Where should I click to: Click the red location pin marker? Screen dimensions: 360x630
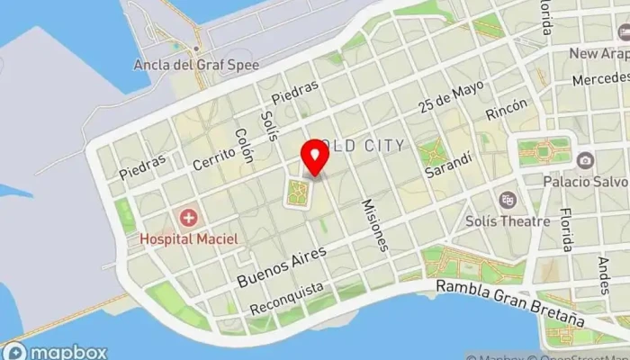coord(314,157)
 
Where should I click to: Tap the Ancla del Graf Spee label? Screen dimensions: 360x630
coord(195,65)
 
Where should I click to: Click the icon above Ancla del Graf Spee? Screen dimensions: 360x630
coord(195,48)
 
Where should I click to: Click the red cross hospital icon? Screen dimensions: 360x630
coord(188,218)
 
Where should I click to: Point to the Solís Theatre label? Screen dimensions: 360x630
coord(508,221)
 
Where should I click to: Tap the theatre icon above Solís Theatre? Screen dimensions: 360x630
coord(508,200)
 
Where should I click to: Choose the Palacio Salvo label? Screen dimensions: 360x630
coord(585,181)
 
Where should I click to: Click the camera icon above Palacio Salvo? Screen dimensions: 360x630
coord(585,160)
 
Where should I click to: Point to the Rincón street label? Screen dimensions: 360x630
coord(507,111)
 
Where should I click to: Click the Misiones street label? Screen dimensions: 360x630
coord(375,224)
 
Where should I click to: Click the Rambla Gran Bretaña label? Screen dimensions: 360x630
coord(509,301)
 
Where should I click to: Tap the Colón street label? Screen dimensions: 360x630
coord(244,145)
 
